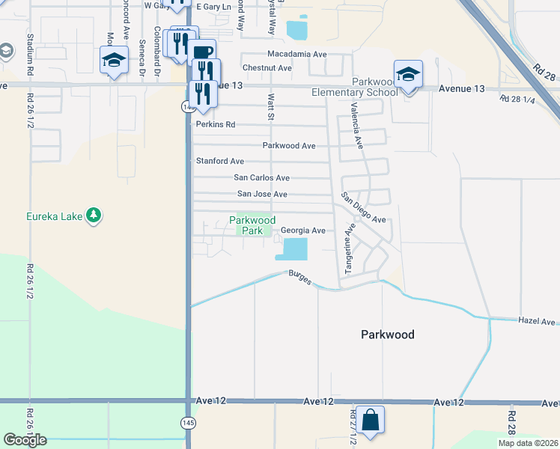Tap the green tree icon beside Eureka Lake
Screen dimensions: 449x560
[94, 216]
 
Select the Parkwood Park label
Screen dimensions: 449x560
[252, 225]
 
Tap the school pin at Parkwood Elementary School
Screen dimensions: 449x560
[408, 75]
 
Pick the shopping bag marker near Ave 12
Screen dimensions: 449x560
[371, 421]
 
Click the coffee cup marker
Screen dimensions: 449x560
[202, 52]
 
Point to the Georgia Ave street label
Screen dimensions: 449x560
[303, 231]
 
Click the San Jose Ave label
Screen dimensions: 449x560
[262, 194]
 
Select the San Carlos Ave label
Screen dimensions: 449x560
[261, 178]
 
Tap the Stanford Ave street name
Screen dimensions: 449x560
[220, 161]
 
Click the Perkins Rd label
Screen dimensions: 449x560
[216, 124]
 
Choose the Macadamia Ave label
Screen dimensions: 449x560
[297, 55]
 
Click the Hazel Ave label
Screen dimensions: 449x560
[537, 321]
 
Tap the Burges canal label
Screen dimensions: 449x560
[300, 276]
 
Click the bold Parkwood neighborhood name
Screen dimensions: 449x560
[387, 335]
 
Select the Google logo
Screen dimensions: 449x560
[25, 440]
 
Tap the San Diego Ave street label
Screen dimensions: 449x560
[363, 209]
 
